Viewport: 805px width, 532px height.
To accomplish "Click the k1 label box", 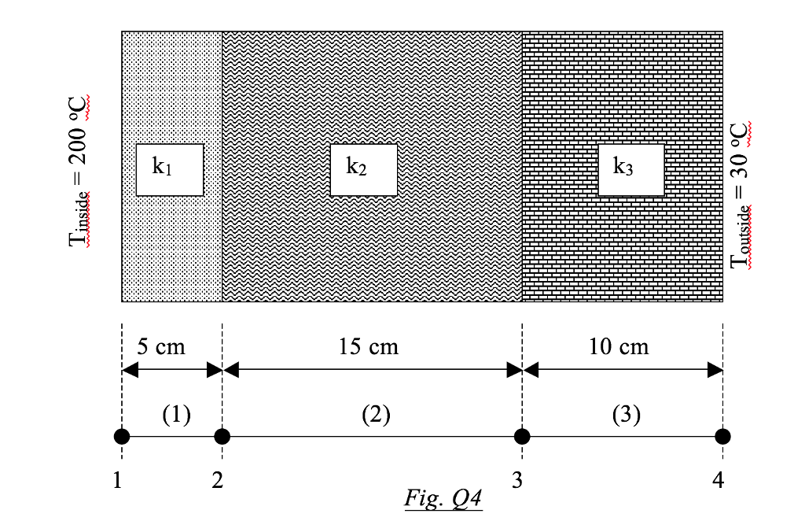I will tap(170, 169).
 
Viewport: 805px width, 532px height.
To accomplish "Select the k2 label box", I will tap(363, 169).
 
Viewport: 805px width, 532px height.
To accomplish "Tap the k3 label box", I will tap(630, 169).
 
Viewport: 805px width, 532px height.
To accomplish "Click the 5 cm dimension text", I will tap(161, 345).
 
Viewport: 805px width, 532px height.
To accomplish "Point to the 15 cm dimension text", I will tap(369, 345).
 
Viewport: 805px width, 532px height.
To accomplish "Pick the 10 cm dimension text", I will tap(619, 345).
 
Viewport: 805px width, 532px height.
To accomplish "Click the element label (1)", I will tap(176, 414).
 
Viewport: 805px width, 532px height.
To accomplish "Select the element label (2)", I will tap(376, 414).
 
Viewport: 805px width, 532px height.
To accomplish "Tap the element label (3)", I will tap(626, 414).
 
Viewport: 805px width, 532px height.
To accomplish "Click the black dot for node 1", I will tap(122, 436).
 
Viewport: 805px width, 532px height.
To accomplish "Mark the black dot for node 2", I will tap(222, 436).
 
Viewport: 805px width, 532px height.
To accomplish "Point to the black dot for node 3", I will tap(522, 436).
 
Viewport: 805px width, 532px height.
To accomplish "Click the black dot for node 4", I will tap(723, 436).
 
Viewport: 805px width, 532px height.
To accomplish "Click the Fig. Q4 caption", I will tap(443, 498).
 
